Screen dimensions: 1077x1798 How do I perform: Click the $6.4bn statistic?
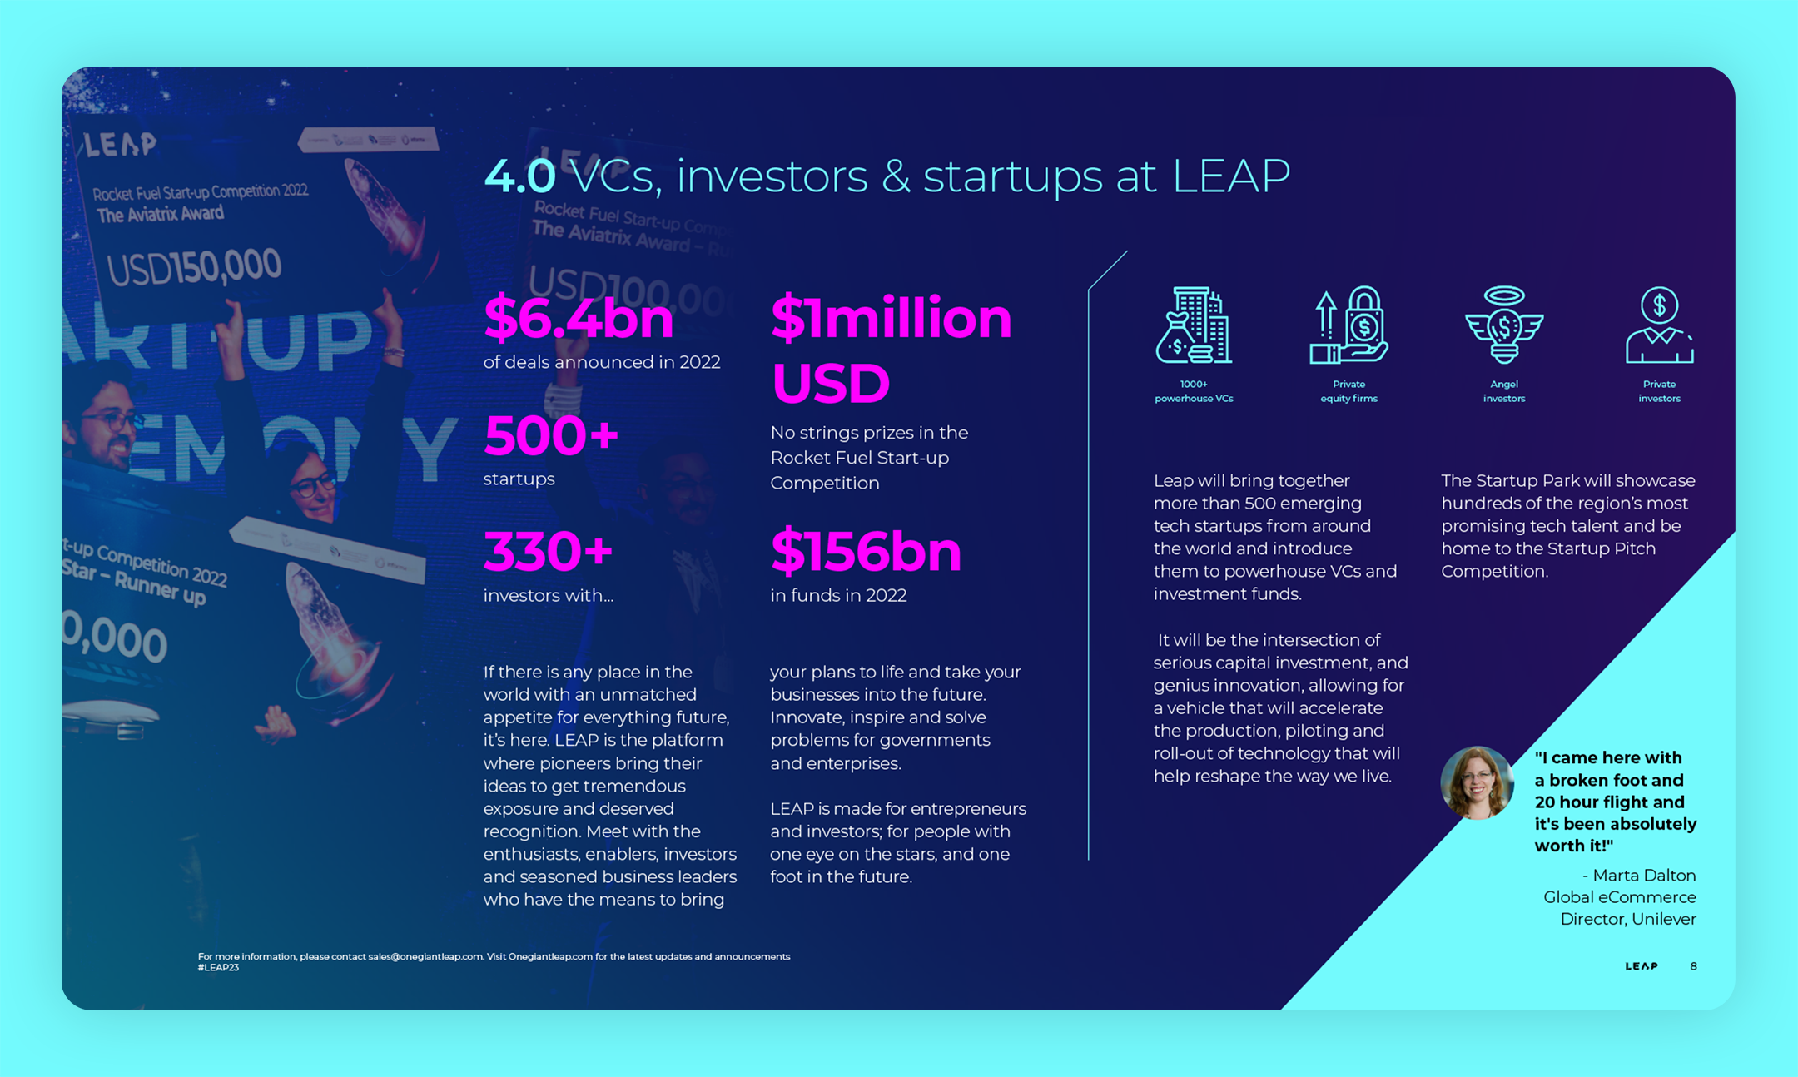tap(579, 318)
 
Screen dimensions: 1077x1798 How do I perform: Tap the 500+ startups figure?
tap(551, 436)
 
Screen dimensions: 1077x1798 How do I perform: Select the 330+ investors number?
tap(548, 552)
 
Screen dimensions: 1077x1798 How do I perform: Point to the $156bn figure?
tap(866, 552)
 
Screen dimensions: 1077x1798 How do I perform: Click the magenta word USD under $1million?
tap(831, 384)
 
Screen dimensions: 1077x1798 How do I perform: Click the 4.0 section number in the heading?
tap(519, 176)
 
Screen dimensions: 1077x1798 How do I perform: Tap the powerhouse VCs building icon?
tap(1194, 325)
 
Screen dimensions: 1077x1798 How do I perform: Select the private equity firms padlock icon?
tap(1348, 325)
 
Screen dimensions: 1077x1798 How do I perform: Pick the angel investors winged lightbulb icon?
tap(1504, 325)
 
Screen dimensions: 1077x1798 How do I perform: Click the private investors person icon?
tap(1659, 325)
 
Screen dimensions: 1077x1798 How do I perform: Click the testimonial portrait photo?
tap(1478, 782)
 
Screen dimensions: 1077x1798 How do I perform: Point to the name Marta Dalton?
tap(1644, 876)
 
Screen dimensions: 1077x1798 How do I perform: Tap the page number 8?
tap(1693, 966)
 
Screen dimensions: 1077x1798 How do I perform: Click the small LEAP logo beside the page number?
tap(1642, 966)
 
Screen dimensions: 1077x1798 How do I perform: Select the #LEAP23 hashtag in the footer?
tap(218, 968)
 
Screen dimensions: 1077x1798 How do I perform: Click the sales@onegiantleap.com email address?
tap(425, 957)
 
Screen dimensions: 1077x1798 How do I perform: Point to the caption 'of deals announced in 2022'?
tap(602, 362)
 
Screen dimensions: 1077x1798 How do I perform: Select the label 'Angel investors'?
tap(1504, 391)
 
